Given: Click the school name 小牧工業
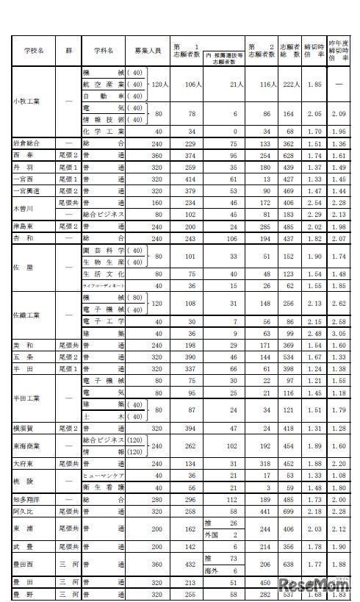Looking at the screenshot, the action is pyautogui.click(x=29, y=104).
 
